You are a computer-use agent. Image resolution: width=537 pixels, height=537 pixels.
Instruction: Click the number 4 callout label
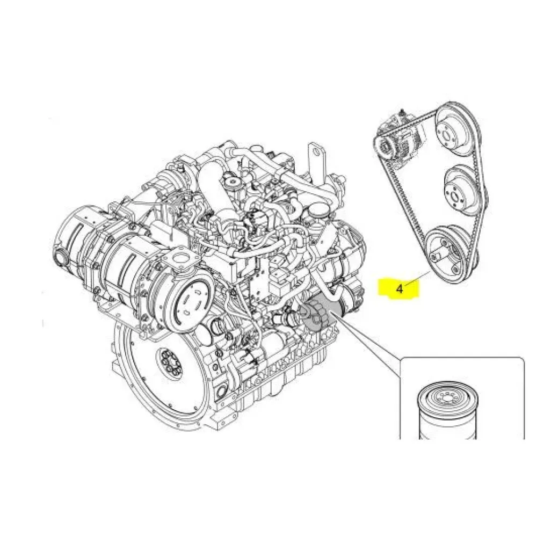pos(400,289)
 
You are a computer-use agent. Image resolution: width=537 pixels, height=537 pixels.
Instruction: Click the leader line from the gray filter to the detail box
pos(366,334)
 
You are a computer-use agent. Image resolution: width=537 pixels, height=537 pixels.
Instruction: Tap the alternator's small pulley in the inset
pos(383,148)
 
